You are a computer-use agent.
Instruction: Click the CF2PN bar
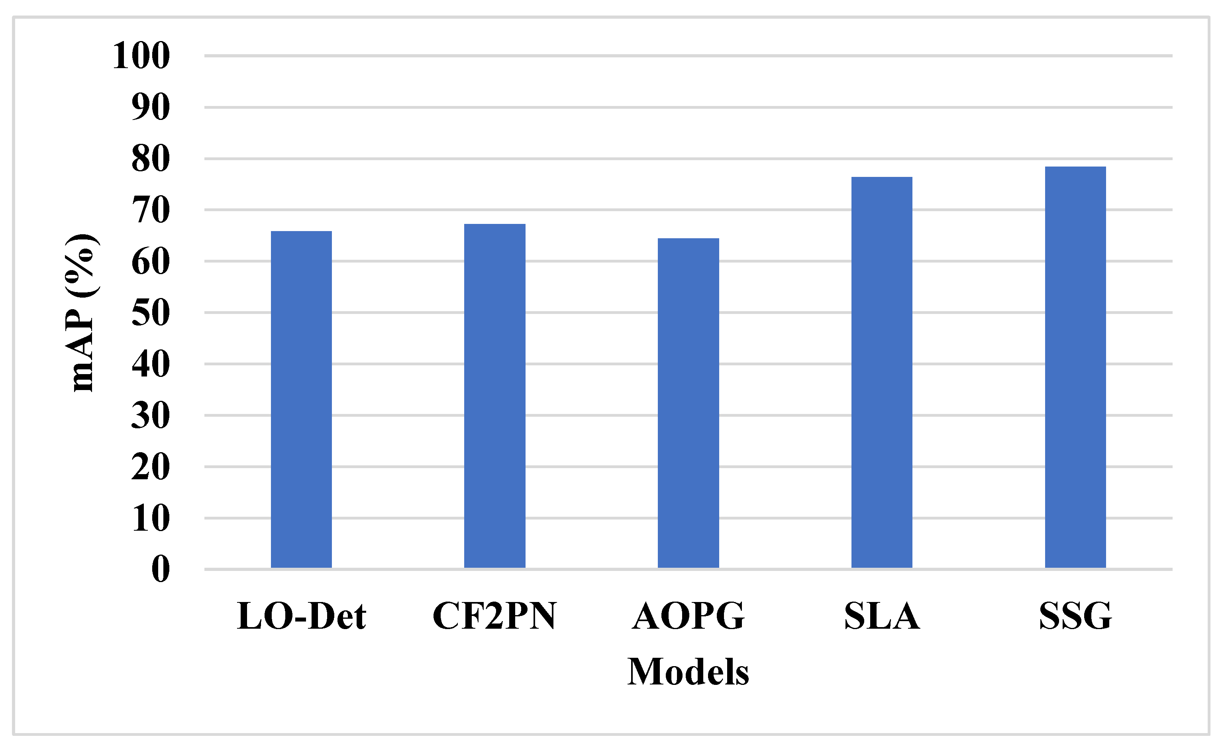point(494,396)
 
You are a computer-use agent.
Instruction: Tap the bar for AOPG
point(688,403)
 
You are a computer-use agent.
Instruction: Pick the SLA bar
point(881,373)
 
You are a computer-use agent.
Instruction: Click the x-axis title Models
point(688,672)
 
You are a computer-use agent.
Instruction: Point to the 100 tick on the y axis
point(141,56)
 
